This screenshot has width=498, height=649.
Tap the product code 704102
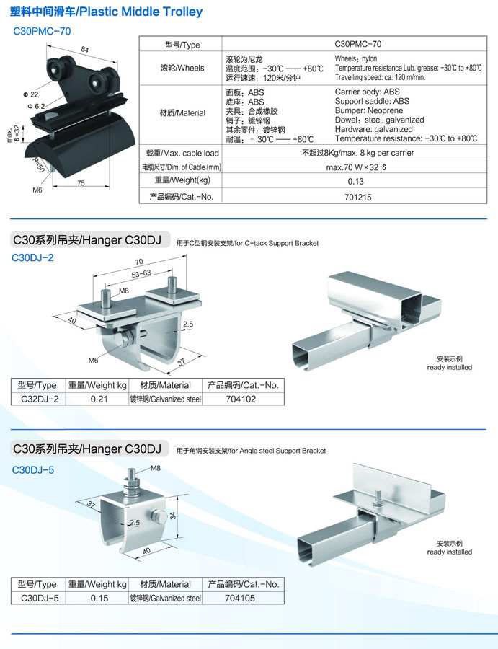pyautogui.click(x=241, y=398)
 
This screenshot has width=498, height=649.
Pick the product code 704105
pyautogui.click(x=241, y=598)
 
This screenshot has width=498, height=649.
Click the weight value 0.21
pyautogui.click(x=97, y=398)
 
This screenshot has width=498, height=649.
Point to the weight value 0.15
pyautogui.click(x=97, y=598)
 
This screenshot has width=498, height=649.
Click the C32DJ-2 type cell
pyautogui.click(x=40, y=398)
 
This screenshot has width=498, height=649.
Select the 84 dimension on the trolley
pyautogui.click(x=85, y=50)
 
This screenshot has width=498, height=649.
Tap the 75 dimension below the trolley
pyautogui.click(x=81, y=184)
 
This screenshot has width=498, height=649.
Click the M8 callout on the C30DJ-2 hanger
pyautogui.click(x=123, y=291)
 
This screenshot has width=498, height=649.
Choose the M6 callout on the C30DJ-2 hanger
pyautogui.click(x=93, y=360)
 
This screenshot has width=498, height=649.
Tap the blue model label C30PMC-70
pyautogui.click(x=43, y=32)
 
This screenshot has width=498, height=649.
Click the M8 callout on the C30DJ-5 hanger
pyautogui.click(x=156, y=468)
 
